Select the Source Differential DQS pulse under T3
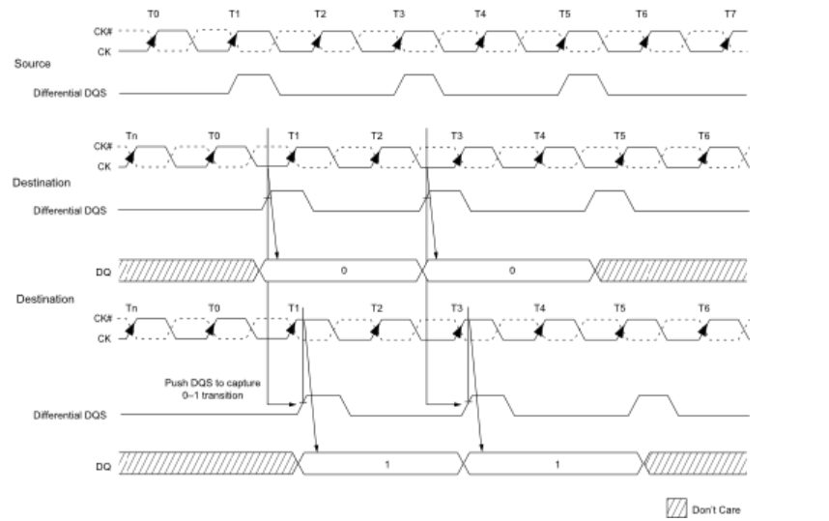tap(420, 84)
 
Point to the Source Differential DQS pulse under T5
tap(585, 84)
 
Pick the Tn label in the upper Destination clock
tap(131, 135)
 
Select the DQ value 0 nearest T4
tap(511, 271)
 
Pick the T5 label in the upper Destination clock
tap(618, 135)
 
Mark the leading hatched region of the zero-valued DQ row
tap(188, 270)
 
